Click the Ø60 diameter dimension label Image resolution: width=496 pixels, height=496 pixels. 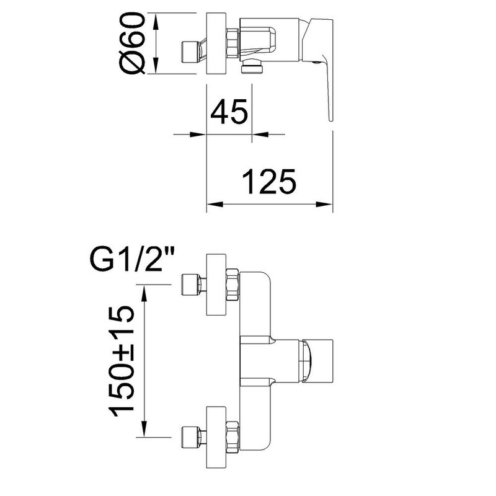tap(132, 43)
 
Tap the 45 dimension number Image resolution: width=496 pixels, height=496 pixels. tap(229, 112)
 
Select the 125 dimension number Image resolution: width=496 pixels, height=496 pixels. tap(269, 181)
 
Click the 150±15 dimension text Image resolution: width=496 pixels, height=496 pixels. tap(122, 361)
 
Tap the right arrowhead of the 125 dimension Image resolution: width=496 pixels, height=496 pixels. tap(324, 205)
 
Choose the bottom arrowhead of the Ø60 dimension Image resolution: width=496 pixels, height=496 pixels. tap(156, 66)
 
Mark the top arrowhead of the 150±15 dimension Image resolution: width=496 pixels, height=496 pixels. tap(144, 293)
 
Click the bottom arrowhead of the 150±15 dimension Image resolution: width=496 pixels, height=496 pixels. tap(144, 429)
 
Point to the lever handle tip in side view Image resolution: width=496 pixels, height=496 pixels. tap(331, 119)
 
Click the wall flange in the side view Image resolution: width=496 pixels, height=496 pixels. tap(216, 43)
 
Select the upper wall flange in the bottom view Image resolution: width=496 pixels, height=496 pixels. tap(216, 285)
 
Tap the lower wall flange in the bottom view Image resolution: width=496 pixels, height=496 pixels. tap(216, 437)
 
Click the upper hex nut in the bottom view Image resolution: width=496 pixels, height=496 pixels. tap(232, 285)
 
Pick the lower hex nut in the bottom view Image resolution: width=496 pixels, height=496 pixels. tap(232, 437)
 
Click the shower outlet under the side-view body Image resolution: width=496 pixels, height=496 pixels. tap(252, 67)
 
